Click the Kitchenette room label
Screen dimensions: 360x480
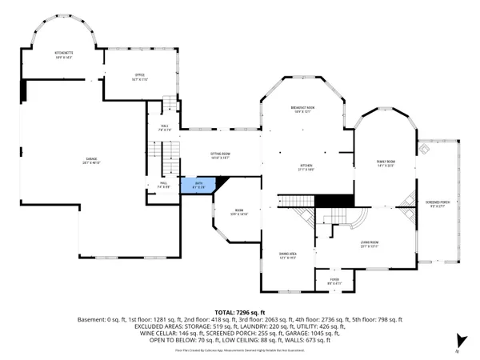(64, 55)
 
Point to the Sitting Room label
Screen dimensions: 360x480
(220, 155)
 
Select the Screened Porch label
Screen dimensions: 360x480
(438, 204)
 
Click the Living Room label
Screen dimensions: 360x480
(369, 243)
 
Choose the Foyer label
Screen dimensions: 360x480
(334, 282)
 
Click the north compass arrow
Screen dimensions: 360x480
(458, 339)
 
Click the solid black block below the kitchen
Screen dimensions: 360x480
(334, 202)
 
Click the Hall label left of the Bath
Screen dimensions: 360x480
(162, 185)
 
